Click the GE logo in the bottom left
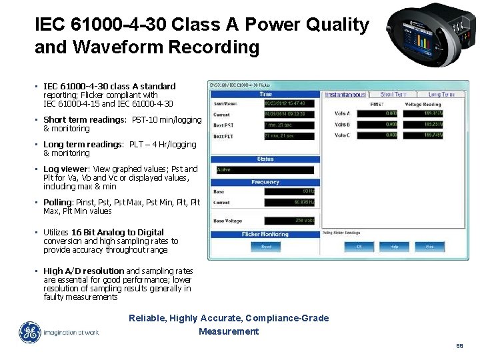[x=29, y=333]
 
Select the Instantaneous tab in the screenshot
[x=346, y=95]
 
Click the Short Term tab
[x=393, y=95]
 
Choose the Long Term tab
[x=441, y=95]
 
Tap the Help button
[x=394, y=246]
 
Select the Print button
[x=430, y=246]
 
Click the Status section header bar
[x=265, y=159]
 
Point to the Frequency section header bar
[x=265, y=182]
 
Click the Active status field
[x=265, y=170]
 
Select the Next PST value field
[x=289, y=125]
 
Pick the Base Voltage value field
[x=289, y=221]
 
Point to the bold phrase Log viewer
[x=65, y=169]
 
